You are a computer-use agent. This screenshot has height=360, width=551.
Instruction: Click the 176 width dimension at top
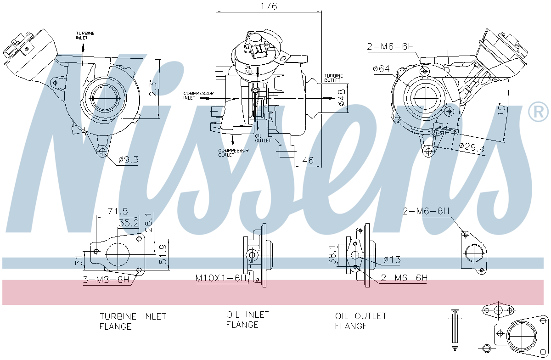click(x=269, y=6)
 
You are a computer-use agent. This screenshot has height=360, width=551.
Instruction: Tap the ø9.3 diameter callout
click(x=128, y=160)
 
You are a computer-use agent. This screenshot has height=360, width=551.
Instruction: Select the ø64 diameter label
click(x=381, y=68)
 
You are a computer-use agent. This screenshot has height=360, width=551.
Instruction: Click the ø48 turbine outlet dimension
click(x=342, y=98)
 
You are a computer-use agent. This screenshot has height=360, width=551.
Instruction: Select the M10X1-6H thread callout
click(x=221, y=278)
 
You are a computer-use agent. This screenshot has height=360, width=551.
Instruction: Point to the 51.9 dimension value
click(x=163, y=253)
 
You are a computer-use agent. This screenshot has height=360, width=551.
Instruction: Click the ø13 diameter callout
click(x=391, y=260)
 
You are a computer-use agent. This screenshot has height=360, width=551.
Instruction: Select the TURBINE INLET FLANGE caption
click(x=133, y=321)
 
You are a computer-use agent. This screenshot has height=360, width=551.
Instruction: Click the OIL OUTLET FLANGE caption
click(x=360, y=321)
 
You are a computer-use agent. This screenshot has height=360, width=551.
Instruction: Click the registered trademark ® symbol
click(x=538, y=112)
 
